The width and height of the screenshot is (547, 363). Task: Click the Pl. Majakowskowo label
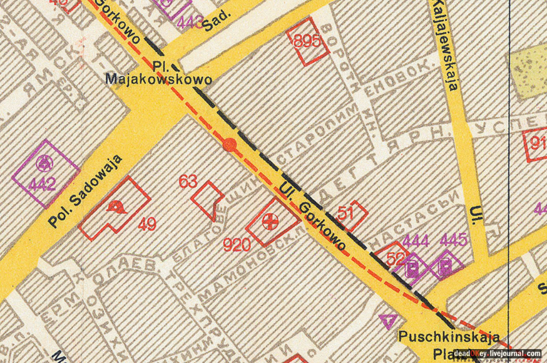pyautogui.click(x=159, y=73)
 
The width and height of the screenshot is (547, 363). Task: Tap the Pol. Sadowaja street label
pyautogui.click(x=85, y=192)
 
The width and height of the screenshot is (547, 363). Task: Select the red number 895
pyautogui.click(x=307, y=42)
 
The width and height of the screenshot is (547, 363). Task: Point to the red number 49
pyautogui.click(x=147, y=224)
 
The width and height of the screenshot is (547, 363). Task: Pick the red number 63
pyautogui.click(x=188, y=181)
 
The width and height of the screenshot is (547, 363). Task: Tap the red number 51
pyautogui.click(x=347, y=213)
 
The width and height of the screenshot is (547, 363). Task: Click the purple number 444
pyautogui.click(x=416, y=241)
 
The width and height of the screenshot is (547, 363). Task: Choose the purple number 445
pyautogui.click(x=454, y=241)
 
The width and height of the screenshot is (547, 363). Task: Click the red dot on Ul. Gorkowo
pyautogui.click(x=229, y=145)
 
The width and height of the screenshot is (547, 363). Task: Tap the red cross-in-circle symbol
pyautogui.click(x=271, y=221)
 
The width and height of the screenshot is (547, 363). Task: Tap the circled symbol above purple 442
pyautogui.click(x=43, y=161)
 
